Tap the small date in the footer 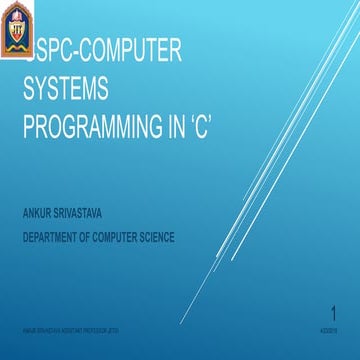coord(328,327)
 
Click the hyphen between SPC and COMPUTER coord(73,55)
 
